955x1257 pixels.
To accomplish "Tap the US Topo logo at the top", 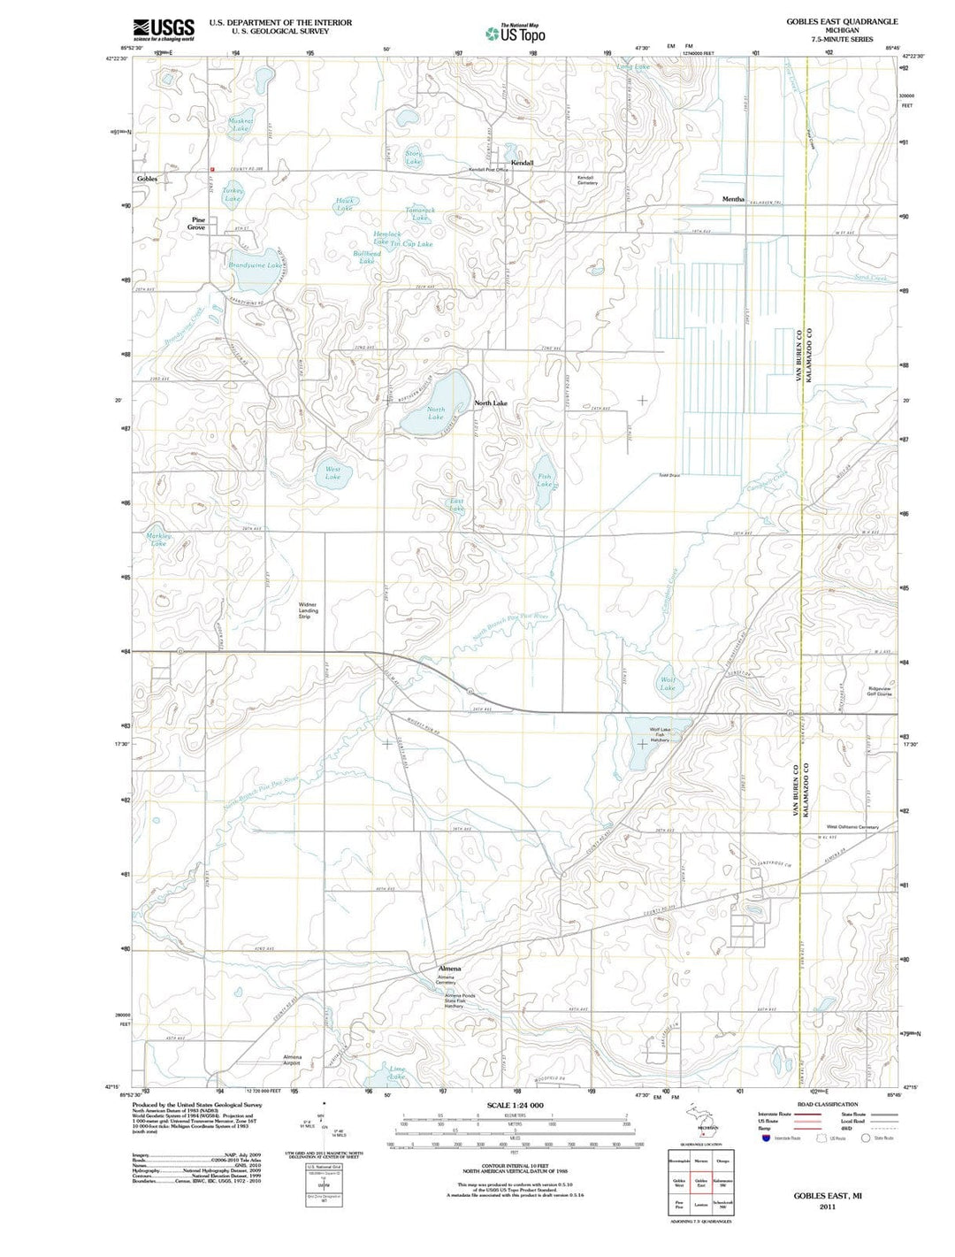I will [516, 34].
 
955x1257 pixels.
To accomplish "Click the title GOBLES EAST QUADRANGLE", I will [842, 21].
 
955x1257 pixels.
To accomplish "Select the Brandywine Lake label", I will [255, 265].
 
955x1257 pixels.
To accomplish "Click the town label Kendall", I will [522, 164].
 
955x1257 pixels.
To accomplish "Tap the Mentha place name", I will [733, 199].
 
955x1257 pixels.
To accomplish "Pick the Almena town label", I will [449, 969].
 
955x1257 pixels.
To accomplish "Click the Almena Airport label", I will [292, 1060].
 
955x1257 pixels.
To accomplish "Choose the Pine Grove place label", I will [196, 224].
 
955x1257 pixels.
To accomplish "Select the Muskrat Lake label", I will [241, 125].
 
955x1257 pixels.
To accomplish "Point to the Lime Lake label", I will [397, 1073].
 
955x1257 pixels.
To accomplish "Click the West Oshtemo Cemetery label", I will [852, 827].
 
